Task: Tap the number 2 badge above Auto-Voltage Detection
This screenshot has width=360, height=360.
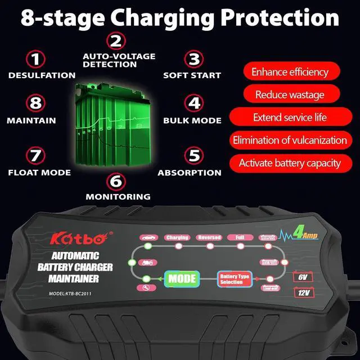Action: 115,41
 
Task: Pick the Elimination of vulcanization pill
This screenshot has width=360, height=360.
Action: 290,140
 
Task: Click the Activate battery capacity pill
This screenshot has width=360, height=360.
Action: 290,163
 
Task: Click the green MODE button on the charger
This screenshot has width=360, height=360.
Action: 182,278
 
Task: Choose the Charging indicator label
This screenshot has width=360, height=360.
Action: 177,237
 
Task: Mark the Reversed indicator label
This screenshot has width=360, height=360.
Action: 209,237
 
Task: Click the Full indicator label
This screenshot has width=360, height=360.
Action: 240,237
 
